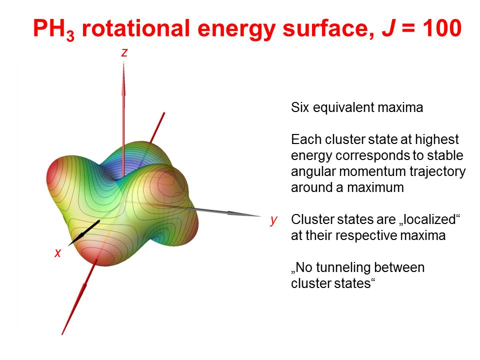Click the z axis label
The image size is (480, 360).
point(124,52)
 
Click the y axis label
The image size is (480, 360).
point(273,220)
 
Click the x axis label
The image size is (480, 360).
point(58,253)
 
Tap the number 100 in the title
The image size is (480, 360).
point(442,28)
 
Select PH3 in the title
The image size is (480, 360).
point(54,29)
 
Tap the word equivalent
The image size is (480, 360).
point(343,107)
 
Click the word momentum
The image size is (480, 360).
point(372,171)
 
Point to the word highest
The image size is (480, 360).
point(437,140)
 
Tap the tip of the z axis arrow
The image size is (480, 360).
point(123,62)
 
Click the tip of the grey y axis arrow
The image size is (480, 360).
point(259,216)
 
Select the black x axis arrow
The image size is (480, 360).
point(84,232)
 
